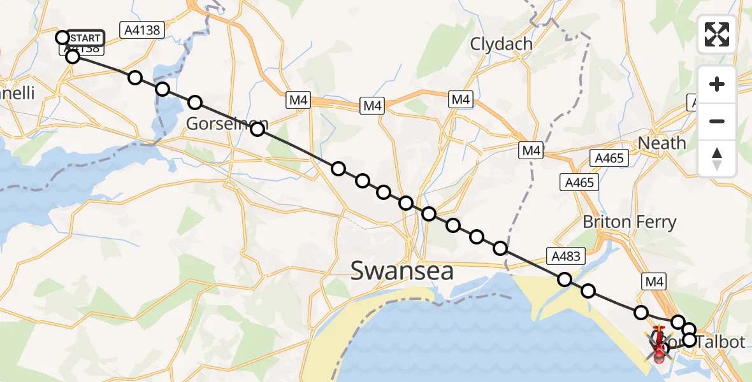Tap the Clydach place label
tap(501, 44)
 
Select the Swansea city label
tap(402, 271)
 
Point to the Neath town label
tap(662, 143)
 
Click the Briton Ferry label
tap(629, 222)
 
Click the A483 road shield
tap(565, 257)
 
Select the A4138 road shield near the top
tap(141, 29)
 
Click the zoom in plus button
tap(717, 84)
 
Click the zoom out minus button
tap(717, 121)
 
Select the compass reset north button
tap(717, 158)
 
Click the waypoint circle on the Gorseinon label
tap(257, 130)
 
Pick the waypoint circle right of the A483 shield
tap(588, 291)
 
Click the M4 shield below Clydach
tap(461, 99)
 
